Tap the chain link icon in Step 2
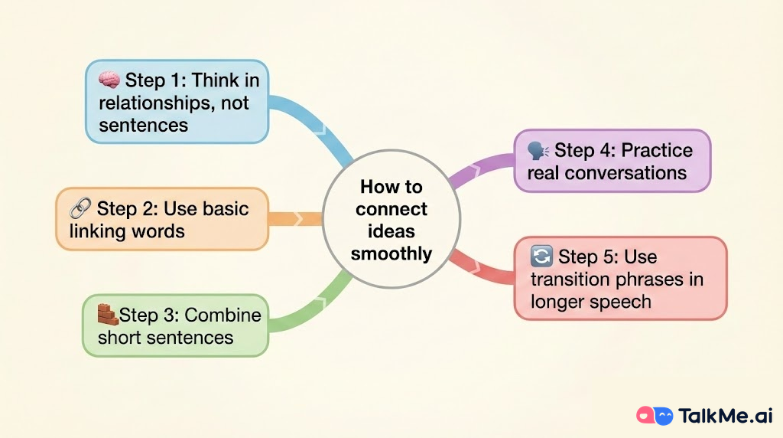tap(80, 208)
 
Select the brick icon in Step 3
tap(107, 315)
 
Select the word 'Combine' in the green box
tap(223, 315)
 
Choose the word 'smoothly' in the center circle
tap(391, 253)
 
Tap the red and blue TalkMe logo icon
tap(655, 416)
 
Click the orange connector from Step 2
tap(295, 219)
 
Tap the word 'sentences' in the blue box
tap(143, 125)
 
